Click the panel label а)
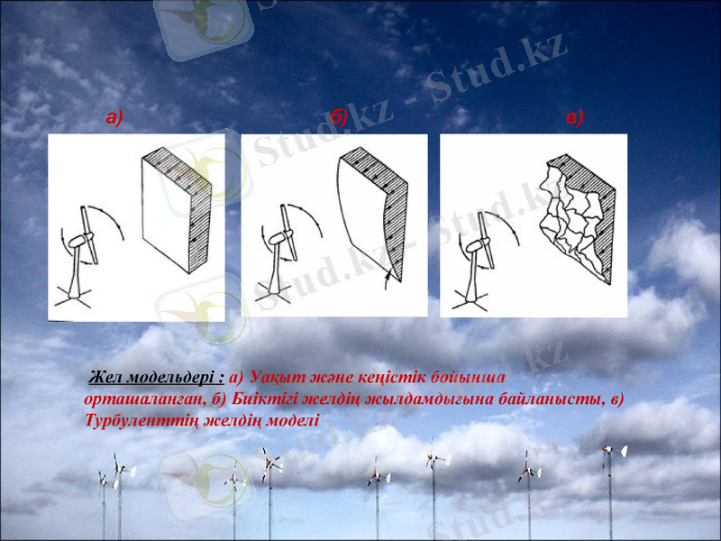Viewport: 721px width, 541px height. pos(114,116)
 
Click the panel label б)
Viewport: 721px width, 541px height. pos(339,116)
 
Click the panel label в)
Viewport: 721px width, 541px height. pos(575,116)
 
